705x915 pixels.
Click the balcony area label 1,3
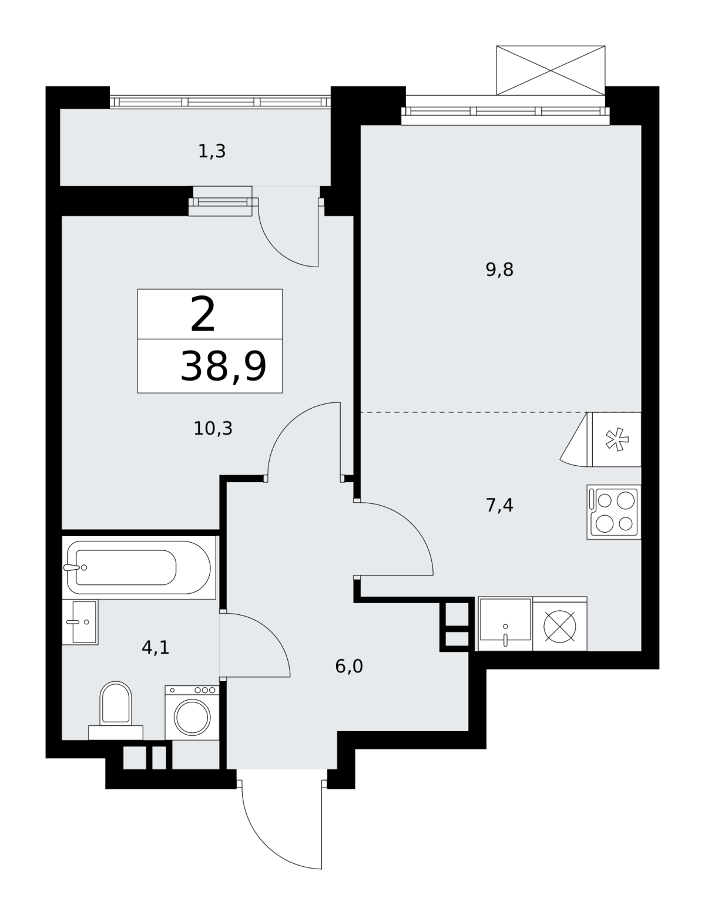(212, 152)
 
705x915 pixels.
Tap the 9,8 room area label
(499, 270)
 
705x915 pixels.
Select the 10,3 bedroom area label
(213, 429)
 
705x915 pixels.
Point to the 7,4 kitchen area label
(499, 505)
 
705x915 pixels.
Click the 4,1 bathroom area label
(156, 648)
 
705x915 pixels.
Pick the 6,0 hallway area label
(349, 667)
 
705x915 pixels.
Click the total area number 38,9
(223, 366)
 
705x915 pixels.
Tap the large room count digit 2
(203, 314)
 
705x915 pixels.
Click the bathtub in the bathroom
(139, 567)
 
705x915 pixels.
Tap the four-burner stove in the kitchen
(613, 512)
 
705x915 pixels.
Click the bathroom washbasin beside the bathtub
(80, 622)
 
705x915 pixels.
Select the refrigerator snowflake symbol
(616, 440)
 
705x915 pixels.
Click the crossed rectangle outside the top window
(550, 70)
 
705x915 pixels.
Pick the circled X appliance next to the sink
(559, 626)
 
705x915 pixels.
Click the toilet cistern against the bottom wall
(115, 733)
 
